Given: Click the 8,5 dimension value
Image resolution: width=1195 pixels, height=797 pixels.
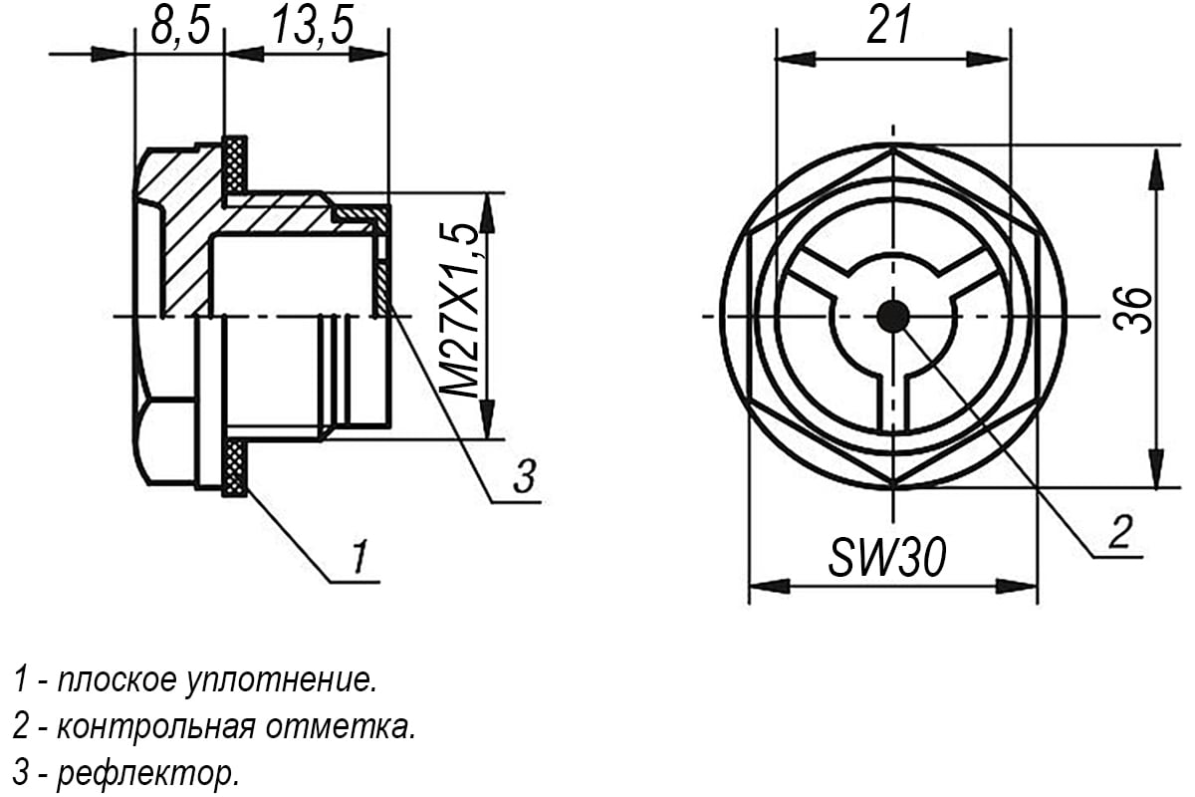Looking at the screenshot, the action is pyautogui.click(x=180, y=26).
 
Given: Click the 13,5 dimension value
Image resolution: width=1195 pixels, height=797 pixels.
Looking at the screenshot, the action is pyautogui.click(x=314, y=26).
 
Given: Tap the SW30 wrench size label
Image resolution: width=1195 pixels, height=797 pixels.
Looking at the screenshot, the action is pyautogui.click(x=887, y=558).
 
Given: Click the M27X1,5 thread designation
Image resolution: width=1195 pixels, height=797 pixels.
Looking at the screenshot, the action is pyautogui.click(x=461, y=310).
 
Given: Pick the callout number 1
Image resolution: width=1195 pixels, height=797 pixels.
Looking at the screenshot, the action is pyautogui.click(x=359, y=556).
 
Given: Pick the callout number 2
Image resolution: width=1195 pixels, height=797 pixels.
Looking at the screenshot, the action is pyautogui.click(x=1120, y=531).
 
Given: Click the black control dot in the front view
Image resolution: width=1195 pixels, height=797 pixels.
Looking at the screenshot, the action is pyautogui.click(x=893, y=316).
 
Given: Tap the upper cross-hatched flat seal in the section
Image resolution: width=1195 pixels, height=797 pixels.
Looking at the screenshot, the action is pyautogui.click(x=235, y=165).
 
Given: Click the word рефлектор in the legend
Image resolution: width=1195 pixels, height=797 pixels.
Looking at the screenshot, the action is pyautogui.click(x=147, y=772).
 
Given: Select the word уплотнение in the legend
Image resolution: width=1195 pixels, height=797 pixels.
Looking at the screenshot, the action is pyautogui.click(x=281, y=681).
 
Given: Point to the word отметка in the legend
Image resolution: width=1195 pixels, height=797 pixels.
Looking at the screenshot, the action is pyautogui.click(x=341, y=726).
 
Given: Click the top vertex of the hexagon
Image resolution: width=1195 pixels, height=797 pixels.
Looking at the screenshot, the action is pyautogui.click(x=893, y=147).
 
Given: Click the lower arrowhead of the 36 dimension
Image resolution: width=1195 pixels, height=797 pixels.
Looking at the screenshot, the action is pyautogui.click(x=1156, y=468).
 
